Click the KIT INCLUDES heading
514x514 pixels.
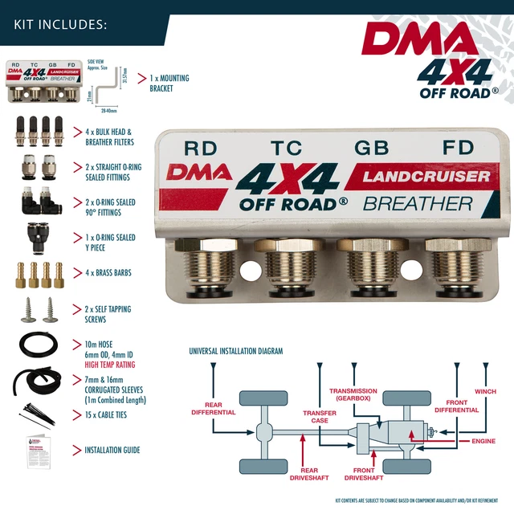[60, 23]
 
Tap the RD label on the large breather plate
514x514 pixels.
[201, 148]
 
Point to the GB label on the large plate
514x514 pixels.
[372, 148]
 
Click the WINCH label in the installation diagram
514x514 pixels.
[485, 392]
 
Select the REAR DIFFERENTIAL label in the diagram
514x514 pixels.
[213, 409]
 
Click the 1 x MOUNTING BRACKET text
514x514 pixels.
[169, 84]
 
